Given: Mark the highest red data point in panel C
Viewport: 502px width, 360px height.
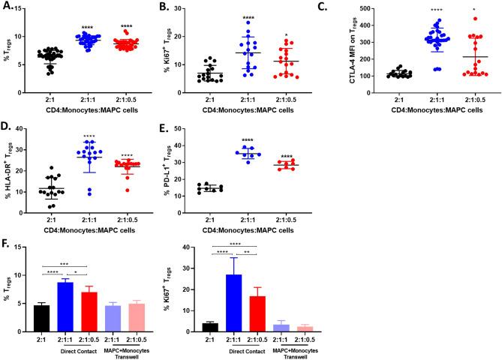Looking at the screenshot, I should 473,19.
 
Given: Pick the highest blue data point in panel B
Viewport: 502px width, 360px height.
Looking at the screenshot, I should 265,22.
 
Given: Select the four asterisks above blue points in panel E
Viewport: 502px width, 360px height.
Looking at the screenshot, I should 264,139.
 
